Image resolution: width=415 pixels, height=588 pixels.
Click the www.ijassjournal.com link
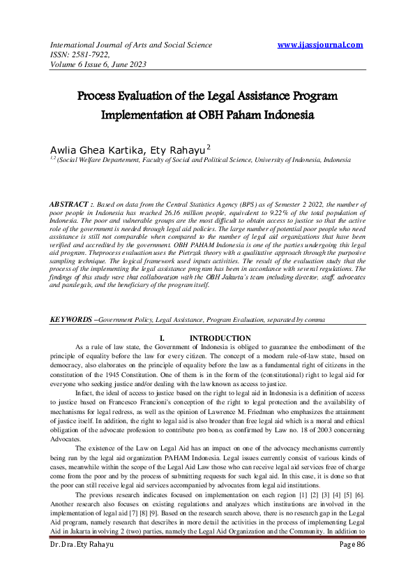pos(320,45)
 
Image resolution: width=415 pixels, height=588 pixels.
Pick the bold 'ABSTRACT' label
pos(73,203)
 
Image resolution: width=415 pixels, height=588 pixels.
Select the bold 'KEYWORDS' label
pos(70,319)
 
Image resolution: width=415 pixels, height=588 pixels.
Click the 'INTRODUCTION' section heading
pos(220,338)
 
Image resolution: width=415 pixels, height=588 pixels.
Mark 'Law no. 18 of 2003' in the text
pos(293,426)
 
